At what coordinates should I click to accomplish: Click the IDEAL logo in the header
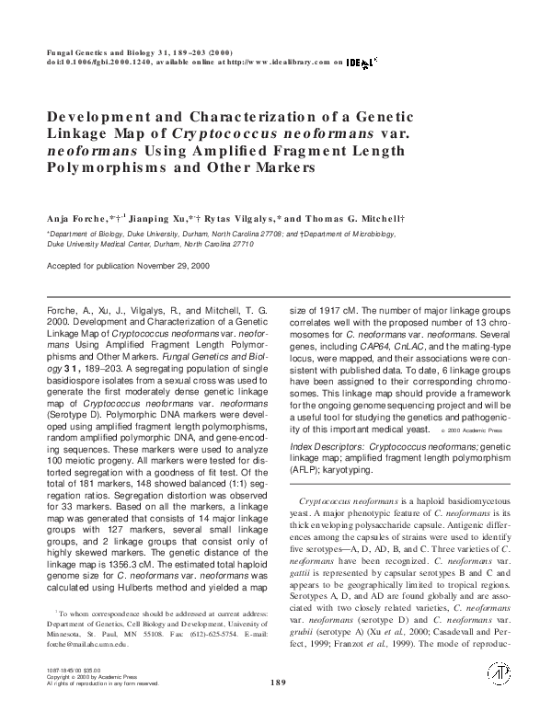[361, 63]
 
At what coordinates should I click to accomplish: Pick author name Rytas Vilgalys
[240, 219]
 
